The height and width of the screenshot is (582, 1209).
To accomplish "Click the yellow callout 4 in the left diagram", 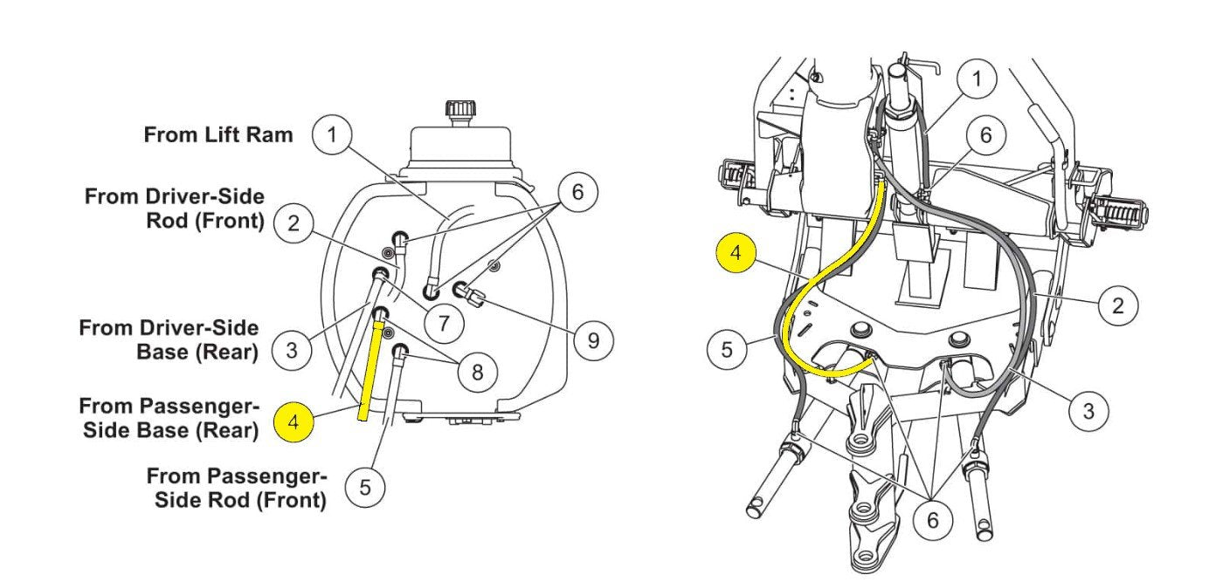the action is (294, 422).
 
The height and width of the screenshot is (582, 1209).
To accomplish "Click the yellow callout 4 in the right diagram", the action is (736, 253).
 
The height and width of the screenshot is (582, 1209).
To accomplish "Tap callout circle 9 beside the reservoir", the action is (593, 340).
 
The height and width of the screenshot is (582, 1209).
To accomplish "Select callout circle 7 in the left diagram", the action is (444, 323).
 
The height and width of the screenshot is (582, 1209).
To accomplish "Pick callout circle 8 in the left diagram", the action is (477, 372).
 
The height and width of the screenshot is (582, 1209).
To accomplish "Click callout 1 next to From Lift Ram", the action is (333, 134).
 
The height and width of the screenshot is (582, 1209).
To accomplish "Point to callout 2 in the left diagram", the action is (294, 223).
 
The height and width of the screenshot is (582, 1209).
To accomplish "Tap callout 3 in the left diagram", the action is (292, 350).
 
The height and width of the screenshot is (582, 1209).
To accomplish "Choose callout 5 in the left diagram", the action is (365, 488).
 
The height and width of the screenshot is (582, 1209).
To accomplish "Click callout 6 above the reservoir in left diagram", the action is (577, 192).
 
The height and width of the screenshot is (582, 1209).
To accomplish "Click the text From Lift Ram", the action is (218, 134).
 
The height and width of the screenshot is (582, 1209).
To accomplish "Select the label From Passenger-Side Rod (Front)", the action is (237, 489).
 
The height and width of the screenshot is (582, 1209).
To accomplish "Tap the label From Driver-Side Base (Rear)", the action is (169, 340).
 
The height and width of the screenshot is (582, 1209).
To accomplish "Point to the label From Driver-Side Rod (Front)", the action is (175, 209).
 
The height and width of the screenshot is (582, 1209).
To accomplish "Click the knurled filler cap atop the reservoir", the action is (460, 109).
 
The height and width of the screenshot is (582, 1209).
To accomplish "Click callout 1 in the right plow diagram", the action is (977, 79).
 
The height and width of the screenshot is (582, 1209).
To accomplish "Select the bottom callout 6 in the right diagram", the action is (933, 521).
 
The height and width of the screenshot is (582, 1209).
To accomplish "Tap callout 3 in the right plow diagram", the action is (1088, 411).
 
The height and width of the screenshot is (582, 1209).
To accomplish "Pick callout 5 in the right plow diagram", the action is (727, 349).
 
